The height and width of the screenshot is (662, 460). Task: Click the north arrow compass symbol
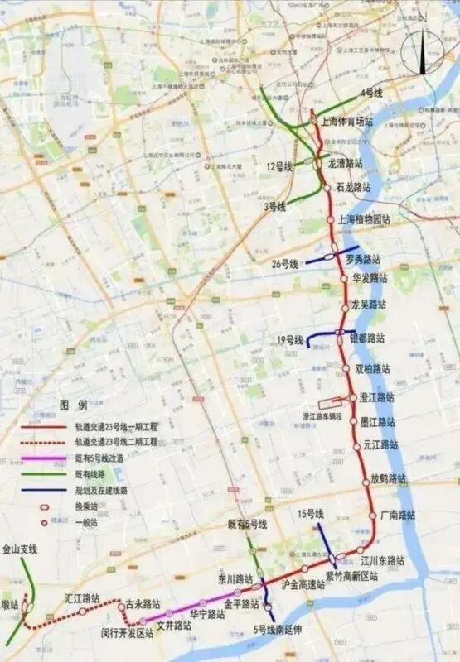(424, 52)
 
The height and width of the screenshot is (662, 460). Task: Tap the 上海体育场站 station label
(346, 121)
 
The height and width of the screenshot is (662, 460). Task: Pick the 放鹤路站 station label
(389, 478)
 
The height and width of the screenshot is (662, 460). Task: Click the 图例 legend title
(73, 405)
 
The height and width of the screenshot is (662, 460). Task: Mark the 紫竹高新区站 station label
(351, 576)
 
